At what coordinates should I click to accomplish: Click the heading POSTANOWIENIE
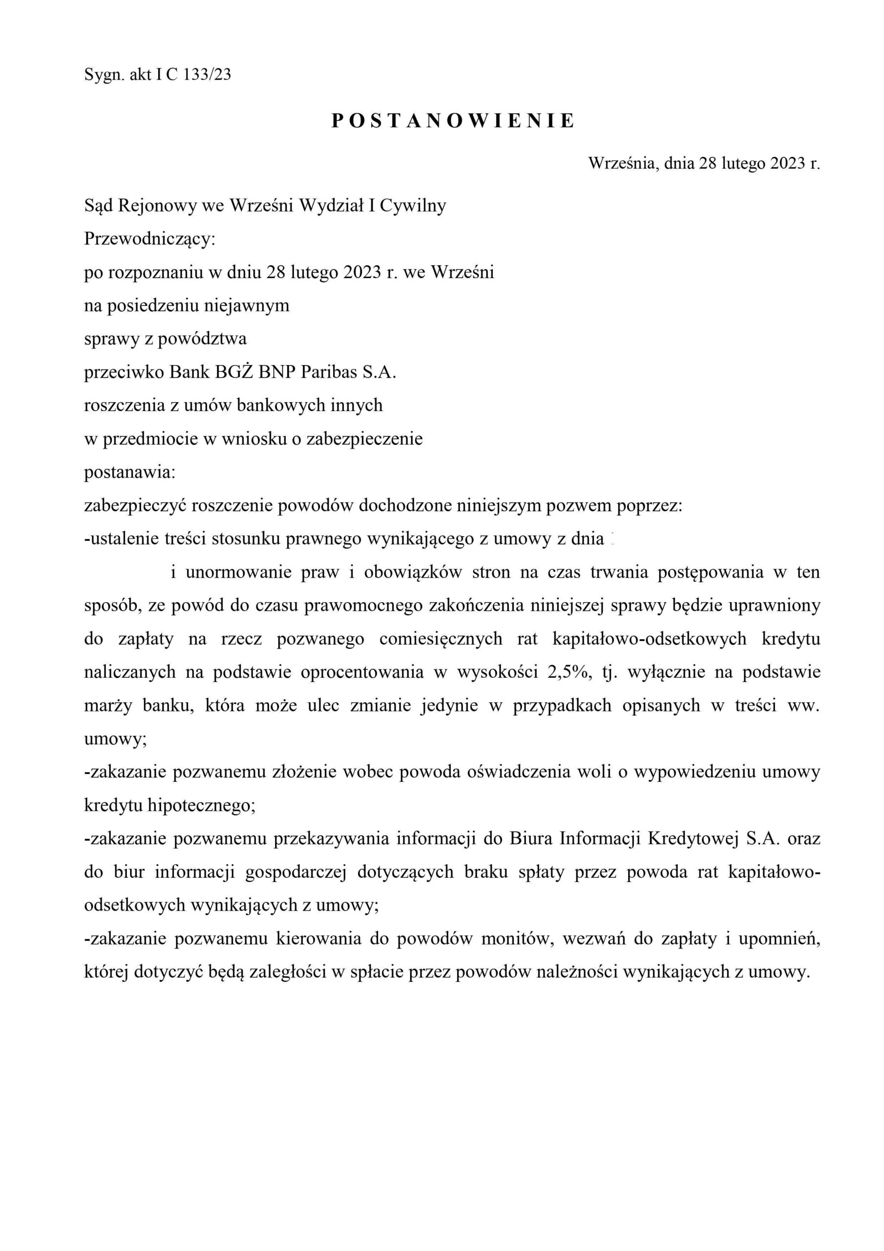pos(453,121)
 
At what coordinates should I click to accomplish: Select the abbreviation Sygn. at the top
pos(104,75)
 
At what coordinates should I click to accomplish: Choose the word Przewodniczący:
pos(150,239)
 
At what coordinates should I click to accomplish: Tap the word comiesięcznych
pos(441,639)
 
